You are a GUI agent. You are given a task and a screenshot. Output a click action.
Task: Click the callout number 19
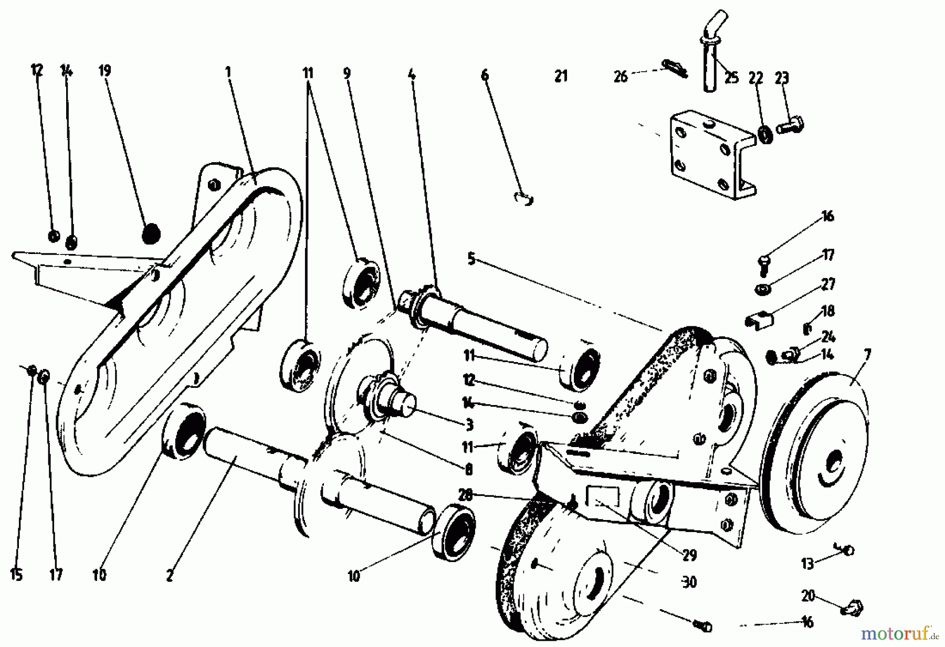(x=105, y=70)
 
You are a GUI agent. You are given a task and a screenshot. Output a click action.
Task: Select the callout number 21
(x=561, y=77)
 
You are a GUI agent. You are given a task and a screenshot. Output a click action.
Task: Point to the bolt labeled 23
(x=791, y=125)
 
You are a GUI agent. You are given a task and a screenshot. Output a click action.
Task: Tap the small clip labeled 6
(x=523, y=198)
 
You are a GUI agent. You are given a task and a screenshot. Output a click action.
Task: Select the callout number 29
(x=689, y=555)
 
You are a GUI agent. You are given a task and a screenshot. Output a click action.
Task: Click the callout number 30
(x=689, y=582)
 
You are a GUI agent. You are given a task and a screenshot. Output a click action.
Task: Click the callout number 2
(x=169, y=576)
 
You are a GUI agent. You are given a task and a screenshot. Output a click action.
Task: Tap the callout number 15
(x=16, y=575)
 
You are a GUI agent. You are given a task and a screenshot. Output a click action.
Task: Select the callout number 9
(x=346, y=73)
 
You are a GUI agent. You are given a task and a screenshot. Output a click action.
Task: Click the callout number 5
(x=471, y=259)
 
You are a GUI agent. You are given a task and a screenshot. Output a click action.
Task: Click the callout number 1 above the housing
(x=228, y=72)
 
